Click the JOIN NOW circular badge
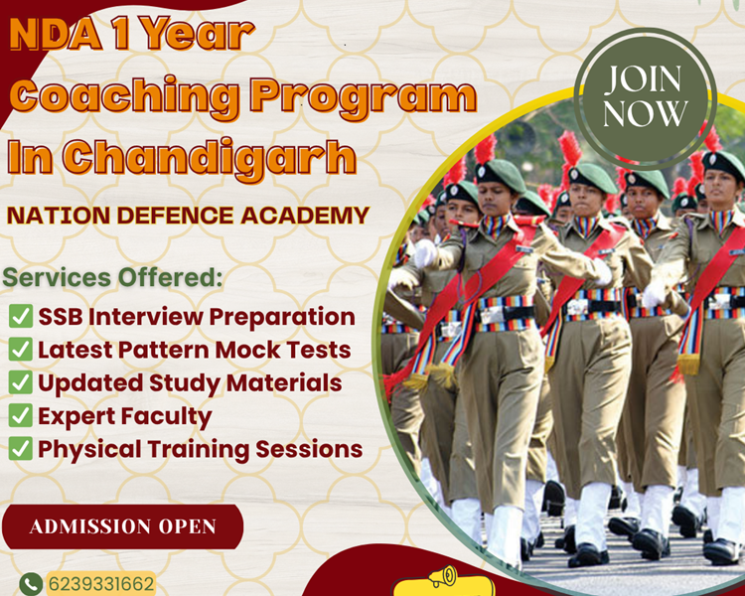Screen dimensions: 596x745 (x=645, y=97)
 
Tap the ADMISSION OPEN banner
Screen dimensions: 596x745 (x=122, y=526)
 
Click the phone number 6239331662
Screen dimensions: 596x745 (x=101, y=583)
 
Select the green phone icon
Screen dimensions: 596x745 (x=31, y=583)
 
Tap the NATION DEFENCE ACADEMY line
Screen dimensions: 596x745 (x=188, y=215)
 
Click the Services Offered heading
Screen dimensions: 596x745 (x=114, y=277)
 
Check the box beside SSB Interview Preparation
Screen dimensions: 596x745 (x=20, y=318)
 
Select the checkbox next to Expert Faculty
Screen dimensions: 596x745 (x=20, y=416)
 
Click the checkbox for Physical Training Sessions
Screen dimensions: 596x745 (x=20, y=449)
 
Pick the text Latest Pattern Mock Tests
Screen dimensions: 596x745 (x=195, y=351)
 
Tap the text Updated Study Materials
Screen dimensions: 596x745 (x=190, y=383)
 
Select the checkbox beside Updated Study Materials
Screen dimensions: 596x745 (x=20, y=383)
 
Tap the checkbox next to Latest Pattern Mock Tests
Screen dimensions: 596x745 (x=20, y=351)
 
